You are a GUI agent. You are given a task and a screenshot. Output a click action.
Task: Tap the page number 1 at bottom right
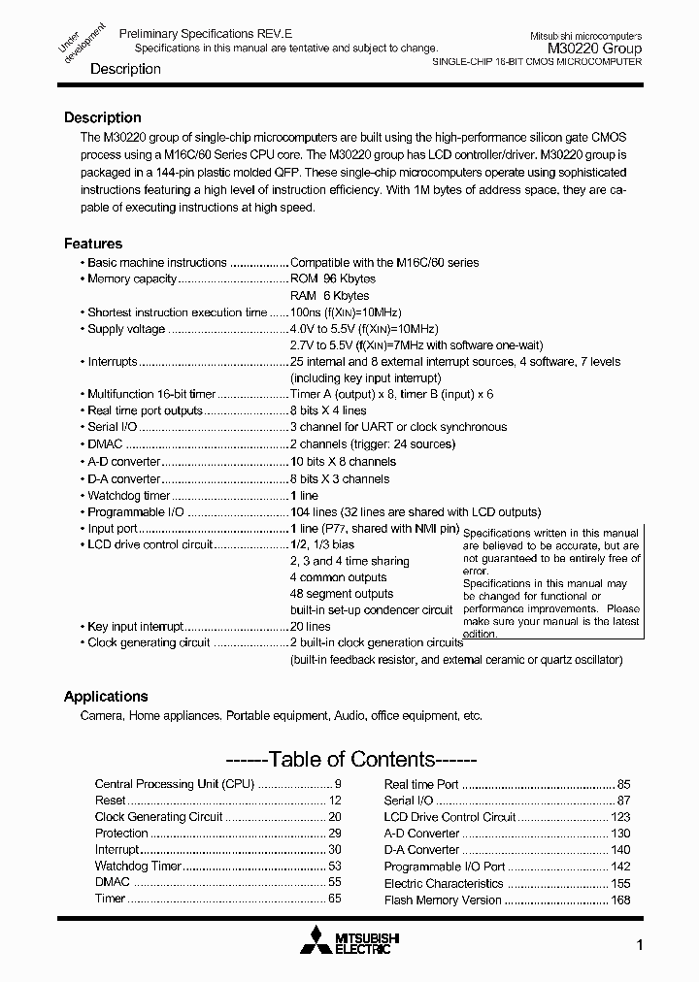click(x=639, y=945)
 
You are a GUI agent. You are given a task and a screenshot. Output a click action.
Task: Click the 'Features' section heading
click(x=93, y=244)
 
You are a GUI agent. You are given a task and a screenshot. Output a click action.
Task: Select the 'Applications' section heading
click(x=106, y=696)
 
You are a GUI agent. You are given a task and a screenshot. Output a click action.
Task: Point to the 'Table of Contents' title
click(x=350, y=759)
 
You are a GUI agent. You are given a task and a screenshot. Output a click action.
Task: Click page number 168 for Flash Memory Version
click(x=620, y=900)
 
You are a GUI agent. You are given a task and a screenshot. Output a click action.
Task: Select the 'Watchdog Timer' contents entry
click(x=138, y=866)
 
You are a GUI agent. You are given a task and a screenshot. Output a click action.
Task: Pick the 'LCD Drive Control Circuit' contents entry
click(x=449, y=817)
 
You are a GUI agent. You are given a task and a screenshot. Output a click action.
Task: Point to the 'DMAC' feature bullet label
click(x=105, y=444)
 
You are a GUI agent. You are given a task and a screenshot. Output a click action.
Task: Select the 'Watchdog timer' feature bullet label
click(x=128, y=496)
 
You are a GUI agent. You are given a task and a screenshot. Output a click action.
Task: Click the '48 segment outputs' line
click(x=341, y=593)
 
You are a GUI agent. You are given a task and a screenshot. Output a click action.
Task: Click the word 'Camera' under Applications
click(x=101, y=715)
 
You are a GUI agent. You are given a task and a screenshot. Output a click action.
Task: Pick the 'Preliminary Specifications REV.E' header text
click(x=197, y=33)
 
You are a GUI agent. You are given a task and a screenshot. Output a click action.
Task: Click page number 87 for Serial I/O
click(x=623, y=801)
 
